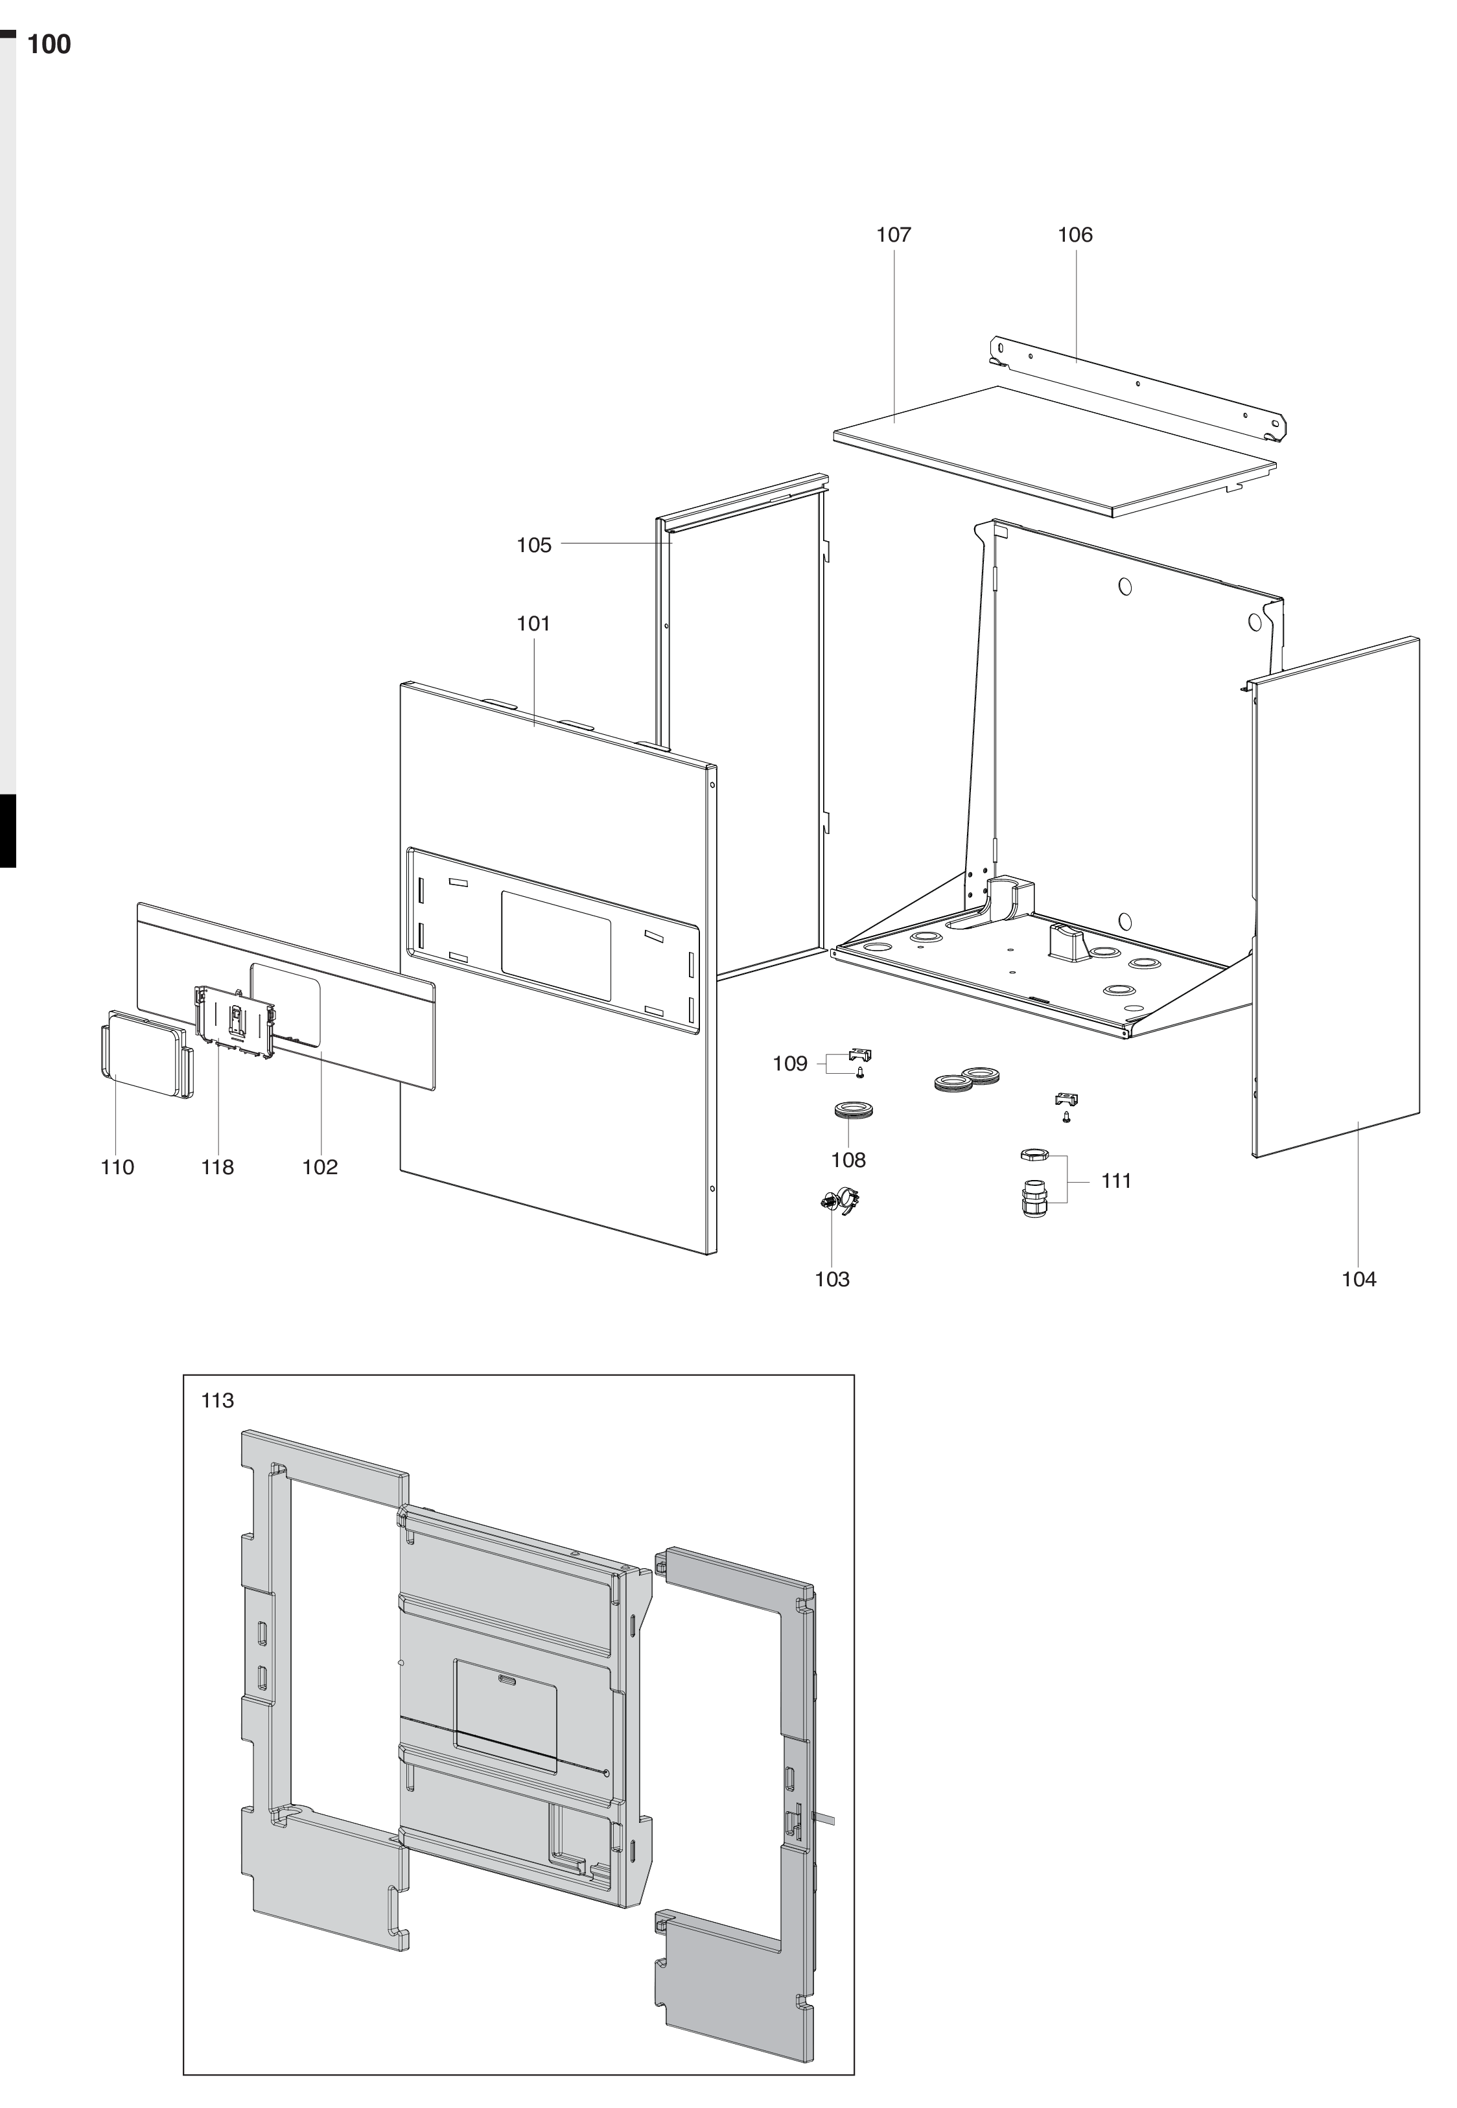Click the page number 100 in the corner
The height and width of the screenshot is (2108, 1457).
(49, 45)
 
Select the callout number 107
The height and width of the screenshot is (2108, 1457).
(894, 235)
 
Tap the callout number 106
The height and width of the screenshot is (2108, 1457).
(1075, 235)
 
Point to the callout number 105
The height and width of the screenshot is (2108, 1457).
(534, 545)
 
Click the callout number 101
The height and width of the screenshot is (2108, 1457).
(533, 623)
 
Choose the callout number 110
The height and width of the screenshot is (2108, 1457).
(117, 1167)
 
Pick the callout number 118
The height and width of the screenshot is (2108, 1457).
(217, 1167)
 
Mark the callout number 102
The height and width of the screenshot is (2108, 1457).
(320, 1167)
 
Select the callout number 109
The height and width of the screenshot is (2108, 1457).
(789, 1063)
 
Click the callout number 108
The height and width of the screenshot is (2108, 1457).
(848, 1160)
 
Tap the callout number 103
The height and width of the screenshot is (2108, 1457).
(832, 1279)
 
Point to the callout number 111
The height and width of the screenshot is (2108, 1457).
(1115, 1181)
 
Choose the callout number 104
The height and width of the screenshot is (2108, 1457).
(1358, 1279)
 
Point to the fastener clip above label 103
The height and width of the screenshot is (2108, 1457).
(841, 1200)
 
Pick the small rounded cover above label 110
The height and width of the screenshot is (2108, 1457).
(146, 1053)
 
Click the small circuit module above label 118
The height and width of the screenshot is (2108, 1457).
(235, 1023)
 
